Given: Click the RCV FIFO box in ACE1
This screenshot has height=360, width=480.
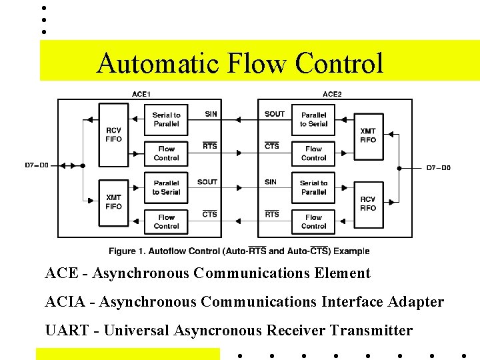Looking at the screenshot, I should (x=114, y=134).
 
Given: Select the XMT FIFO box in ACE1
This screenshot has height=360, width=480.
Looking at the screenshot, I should (x=114, y=202).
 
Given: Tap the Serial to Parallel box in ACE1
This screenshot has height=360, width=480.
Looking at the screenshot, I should (x=166, y=119).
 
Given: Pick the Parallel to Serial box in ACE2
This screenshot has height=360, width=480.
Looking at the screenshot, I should (x=313, y=119).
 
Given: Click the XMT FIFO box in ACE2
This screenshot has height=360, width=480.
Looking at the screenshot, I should (x=368, y=135).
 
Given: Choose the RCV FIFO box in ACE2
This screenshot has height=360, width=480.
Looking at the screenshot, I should (x=368, y=203).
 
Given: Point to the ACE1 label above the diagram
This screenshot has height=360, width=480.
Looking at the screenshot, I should (x=141, y=95).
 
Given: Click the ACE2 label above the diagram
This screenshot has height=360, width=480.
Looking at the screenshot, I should (x=332, y=95).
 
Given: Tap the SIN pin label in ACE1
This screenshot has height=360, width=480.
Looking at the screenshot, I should (x=211, y=114).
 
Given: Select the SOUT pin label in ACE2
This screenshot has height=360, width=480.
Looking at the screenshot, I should (x=275, y=114).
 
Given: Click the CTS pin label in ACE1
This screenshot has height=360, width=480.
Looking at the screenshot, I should (x=210, y=214).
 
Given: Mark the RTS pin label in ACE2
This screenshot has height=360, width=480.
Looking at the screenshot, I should (x=272, y=214).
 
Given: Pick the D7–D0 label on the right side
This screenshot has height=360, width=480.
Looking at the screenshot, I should (x=439, y=167).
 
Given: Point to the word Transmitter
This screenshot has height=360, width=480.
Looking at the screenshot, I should (x=371, y=331).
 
